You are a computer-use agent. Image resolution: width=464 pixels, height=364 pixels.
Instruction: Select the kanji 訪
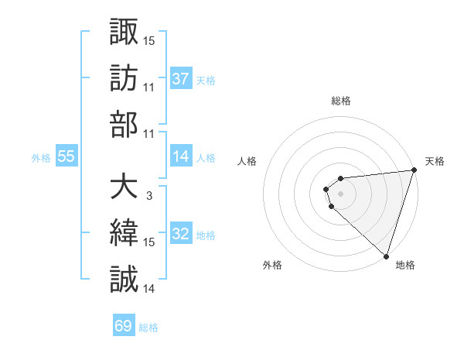tap(124, 77)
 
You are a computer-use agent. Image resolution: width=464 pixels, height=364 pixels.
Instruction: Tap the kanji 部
tap(124, 124)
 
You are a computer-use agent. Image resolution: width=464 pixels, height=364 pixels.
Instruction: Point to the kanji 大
tap(124, 187)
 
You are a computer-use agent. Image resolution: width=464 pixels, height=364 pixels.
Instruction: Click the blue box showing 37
tap(181, 78)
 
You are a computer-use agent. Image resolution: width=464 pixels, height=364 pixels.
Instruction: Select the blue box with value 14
tap(181, 157)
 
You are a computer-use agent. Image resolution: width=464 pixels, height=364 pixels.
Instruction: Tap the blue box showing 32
tap(181, 235)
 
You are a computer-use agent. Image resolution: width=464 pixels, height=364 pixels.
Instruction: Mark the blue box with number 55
tap(67, 157)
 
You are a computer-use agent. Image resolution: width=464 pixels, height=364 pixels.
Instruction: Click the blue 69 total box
tap(124, 326)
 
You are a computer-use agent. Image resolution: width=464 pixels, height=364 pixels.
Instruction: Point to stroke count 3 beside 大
tap(148, 196)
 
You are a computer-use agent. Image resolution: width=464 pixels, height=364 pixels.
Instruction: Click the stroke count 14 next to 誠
tap(149, 289)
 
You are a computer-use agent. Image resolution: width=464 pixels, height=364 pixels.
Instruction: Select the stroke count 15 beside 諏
tap(149, 39)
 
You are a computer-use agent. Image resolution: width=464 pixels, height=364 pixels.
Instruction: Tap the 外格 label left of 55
tap(41, 158)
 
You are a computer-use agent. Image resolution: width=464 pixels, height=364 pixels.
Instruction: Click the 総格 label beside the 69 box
tap(148, 328)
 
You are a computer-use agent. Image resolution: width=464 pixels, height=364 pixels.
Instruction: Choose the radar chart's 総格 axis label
tap(340, 101)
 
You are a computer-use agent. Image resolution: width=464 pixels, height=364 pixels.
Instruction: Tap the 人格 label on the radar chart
tap(247, 161)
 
